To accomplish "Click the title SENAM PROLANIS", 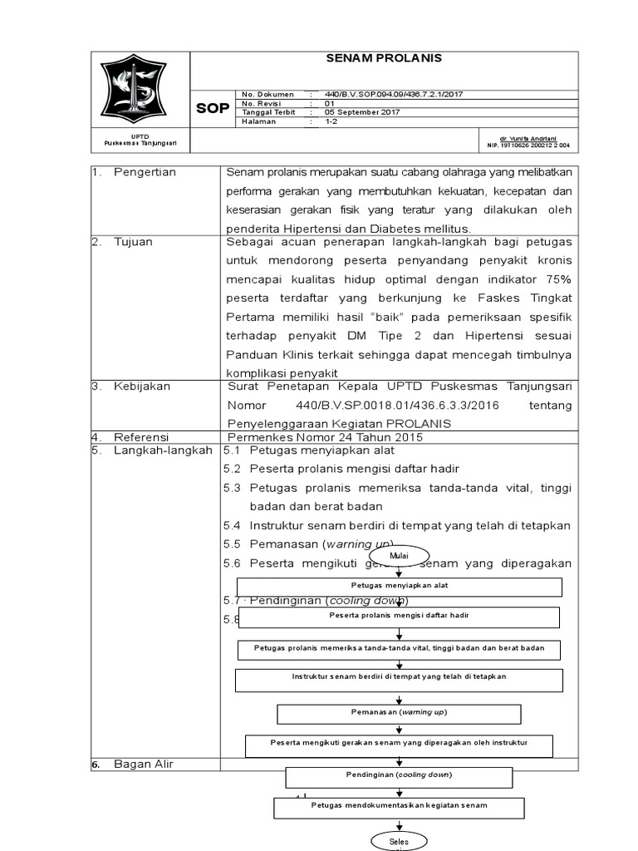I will pos(383,58).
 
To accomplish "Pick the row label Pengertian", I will pos(150,172).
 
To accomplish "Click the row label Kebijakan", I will pos(143,386).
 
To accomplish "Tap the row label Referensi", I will pos(142,437).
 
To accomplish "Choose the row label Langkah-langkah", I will pos(161,450).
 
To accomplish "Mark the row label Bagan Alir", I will pos(144,764).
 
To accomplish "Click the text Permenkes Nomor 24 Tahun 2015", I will pos(326,437).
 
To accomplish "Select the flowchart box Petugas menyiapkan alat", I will pos(400,586).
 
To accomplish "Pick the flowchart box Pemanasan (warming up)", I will pos(399,713).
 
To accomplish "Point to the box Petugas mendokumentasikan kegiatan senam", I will pos(399,806).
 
